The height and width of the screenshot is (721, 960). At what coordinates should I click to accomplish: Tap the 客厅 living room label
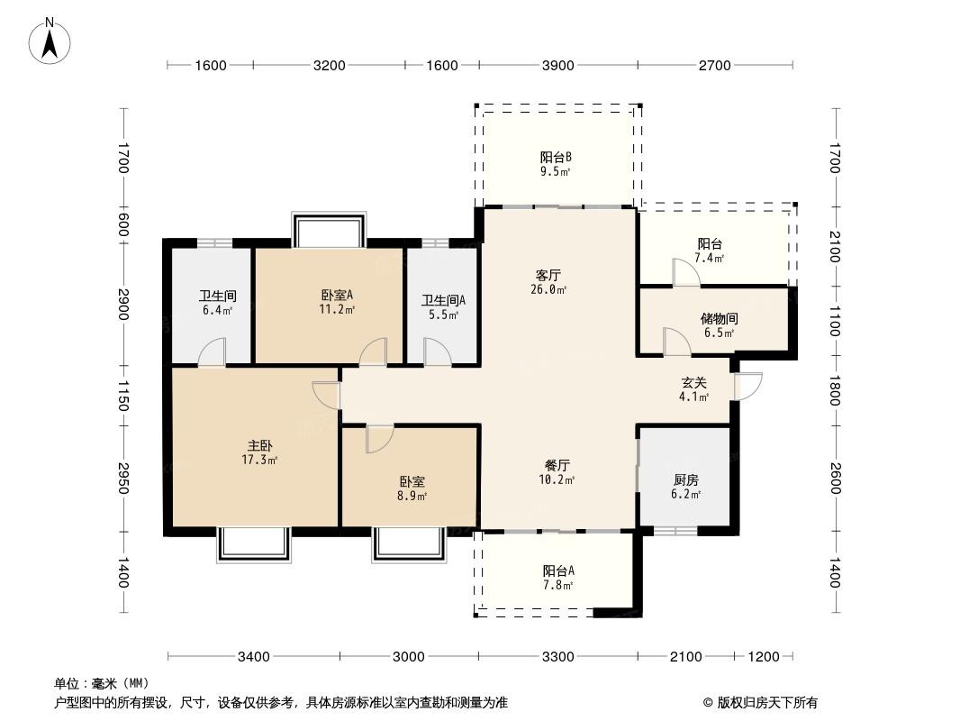point(548,275)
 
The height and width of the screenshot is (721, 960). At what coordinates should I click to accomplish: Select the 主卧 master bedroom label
point(260,445)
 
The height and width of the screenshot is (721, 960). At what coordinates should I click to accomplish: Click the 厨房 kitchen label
point(685,479)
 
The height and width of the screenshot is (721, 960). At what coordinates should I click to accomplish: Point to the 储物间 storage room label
point(719,318)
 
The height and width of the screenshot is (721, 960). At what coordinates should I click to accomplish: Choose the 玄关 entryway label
point(693,382)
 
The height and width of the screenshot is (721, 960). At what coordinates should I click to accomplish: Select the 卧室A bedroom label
point(337,295)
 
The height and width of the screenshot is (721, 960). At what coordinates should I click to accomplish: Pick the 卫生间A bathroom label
point(443,301)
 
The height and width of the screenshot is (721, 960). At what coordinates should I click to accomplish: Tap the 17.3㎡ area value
point(259,461)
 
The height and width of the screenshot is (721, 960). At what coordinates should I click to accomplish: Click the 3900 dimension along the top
point(557,65)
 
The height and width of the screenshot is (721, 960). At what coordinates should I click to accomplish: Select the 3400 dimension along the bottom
point(254,656)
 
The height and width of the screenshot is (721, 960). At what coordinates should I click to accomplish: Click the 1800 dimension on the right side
point(834,392)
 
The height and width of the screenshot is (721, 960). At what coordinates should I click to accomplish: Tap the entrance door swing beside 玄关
point(748,386)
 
